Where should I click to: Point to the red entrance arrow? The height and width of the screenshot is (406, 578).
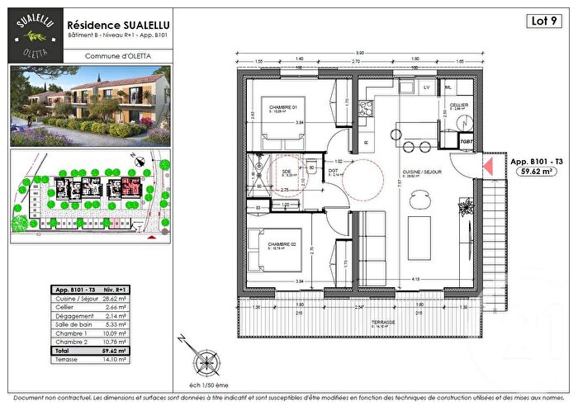pyautogui.click(x=487, y=167)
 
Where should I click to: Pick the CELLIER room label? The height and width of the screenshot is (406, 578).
pyautogui.click(x=460, y=105)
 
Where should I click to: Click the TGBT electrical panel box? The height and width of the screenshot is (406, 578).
pyautogui.click(x=466, y=140)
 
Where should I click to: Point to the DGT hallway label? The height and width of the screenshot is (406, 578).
pyautogui.click(x=334, y=171)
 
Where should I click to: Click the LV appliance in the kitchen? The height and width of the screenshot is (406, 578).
pyautogui.click(x=427, y=87)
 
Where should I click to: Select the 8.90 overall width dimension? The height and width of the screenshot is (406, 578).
pyautogui.click(x=360, y=53)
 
